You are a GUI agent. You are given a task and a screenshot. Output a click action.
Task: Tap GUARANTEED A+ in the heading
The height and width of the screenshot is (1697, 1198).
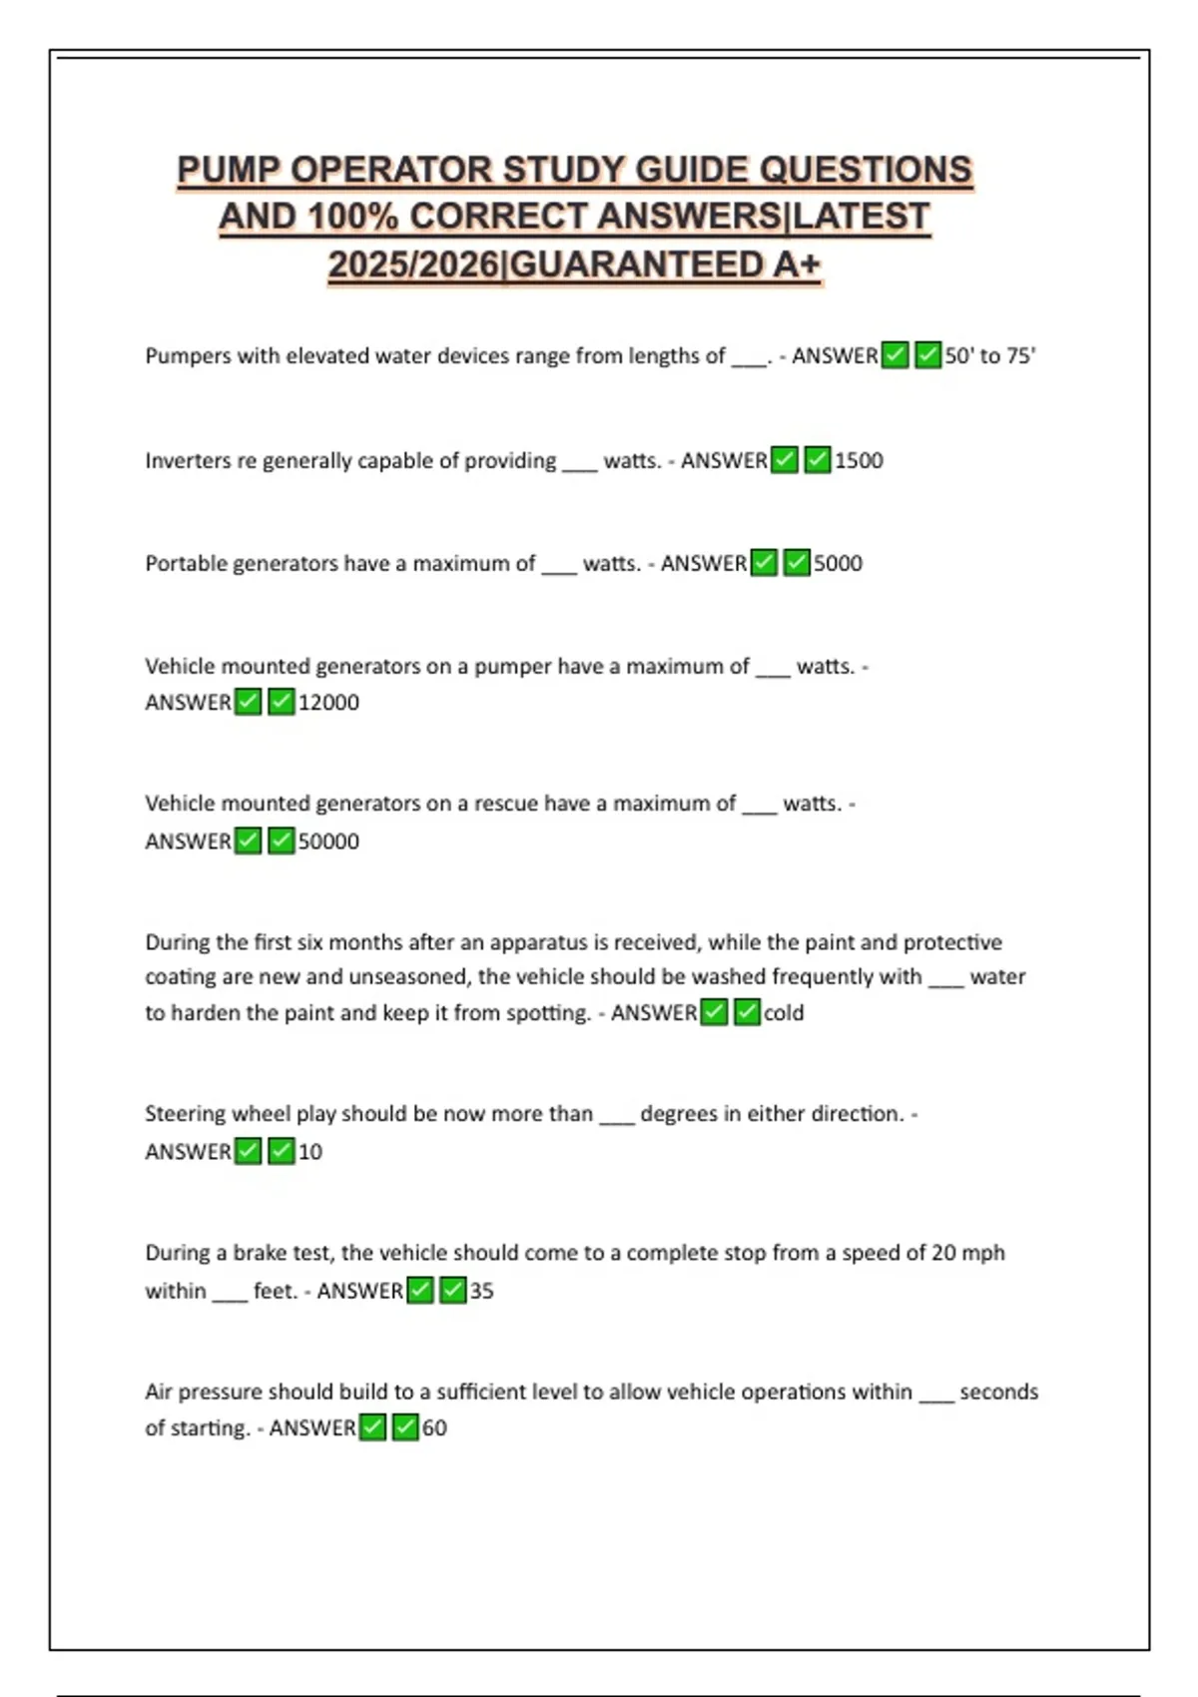(665, 265)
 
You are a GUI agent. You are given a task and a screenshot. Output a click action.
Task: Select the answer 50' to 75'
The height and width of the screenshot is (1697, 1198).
(989, 355)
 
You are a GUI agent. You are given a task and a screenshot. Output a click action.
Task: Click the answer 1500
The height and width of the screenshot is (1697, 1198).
(859, 460)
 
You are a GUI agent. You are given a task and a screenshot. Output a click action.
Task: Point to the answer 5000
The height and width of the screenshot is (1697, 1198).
(838, 563)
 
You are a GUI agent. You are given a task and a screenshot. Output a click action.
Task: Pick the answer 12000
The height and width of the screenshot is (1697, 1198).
(328, 702)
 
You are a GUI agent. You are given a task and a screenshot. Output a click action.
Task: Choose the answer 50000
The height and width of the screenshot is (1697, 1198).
(328, 841)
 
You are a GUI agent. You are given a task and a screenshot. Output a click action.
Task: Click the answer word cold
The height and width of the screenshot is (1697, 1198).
(784, 1012)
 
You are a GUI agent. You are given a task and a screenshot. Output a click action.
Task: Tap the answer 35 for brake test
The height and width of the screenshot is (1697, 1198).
(481, 1291)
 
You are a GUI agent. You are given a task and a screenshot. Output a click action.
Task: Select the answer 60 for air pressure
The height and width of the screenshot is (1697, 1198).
(434, 1427)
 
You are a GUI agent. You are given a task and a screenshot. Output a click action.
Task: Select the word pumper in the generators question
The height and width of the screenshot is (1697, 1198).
(512, 666)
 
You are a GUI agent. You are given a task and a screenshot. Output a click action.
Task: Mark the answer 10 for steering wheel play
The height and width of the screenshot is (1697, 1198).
(309, 1151)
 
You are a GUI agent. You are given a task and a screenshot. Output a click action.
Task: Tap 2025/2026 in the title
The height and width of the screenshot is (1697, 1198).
(413, 265)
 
